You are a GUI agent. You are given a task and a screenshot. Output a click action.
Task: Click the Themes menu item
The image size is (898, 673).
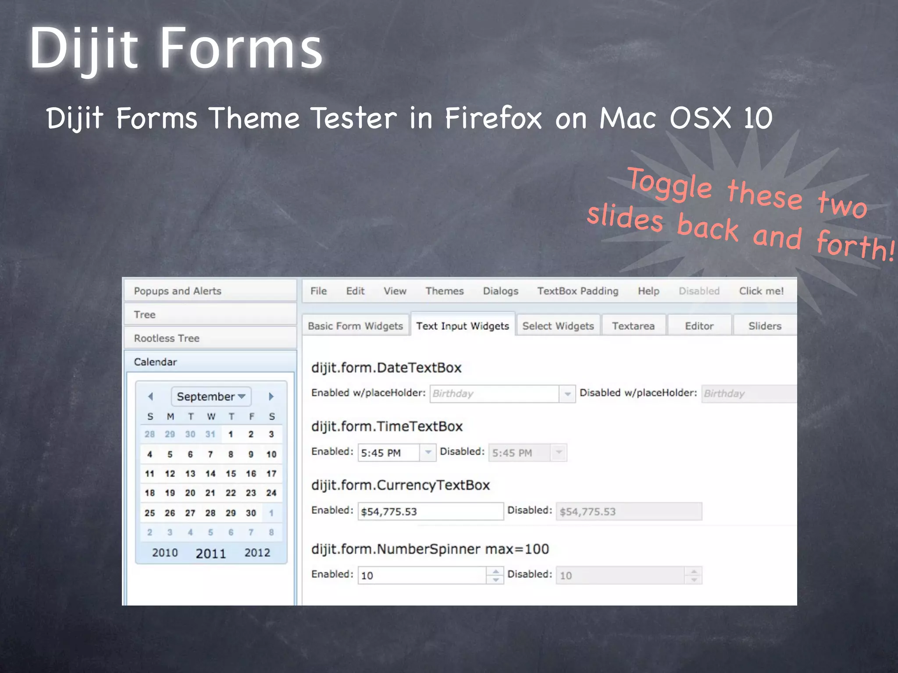click(x=444, y=291)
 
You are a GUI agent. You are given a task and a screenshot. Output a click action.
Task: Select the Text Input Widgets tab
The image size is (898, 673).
click(x=463, y=326)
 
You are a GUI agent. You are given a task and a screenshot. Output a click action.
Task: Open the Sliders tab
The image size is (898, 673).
click(x=765, y=326)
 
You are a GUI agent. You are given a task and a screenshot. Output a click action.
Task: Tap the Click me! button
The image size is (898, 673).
click(x=761, y=291)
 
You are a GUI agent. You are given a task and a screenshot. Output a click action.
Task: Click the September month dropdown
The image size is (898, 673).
click(x=211, y=397)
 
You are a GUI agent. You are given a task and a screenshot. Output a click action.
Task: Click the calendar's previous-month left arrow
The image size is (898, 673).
click(x=150, y=397)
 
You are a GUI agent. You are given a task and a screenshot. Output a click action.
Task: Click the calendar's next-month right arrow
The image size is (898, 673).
click(x=271, y=397)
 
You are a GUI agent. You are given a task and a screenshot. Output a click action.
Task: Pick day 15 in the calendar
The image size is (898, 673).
click(x=231, y=474)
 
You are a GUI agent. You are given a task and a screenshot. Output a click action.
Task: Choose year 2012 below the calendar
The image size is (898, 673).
click(x=257, y=553)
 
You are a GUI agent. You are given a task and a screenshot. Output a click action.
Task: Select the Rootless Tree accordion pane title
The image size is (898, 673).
click(x=167, y=338)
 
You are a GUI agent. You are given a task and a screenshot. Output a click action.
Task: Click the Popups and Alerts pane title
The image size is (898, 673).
click(x=178, y=291)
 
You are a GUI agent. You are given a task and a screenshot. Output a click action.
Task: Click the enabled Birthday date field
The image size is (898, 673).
click(x=494, y=393)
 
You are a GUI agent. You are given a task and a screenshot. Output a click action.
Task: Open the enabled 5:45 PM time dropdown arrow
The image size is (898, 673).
click(x=428, y=453)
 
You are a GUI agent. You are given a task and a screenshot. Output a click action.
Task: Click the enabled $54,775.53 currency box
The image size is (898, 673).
click(x=430, y=511)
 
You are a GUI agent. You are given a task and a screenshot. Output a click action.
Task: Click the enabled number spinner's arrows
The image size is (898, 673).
click(x=495, y=575)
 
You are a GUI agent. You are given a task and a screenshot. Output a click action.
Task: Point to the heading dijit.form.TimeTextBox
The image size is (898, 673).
click(x=387, y=426)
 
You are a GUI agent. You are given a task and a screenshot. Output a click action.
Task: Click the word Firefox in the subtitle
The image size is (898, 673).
click(x=493, y=118)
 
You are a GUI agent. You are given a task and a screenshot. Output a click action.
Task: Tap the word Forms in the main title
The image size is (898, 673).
click(x=242, y=48)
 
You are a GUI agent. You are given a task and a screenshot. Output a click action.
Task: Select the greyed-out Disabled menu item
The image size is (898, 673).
click(x=699, y=291)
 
